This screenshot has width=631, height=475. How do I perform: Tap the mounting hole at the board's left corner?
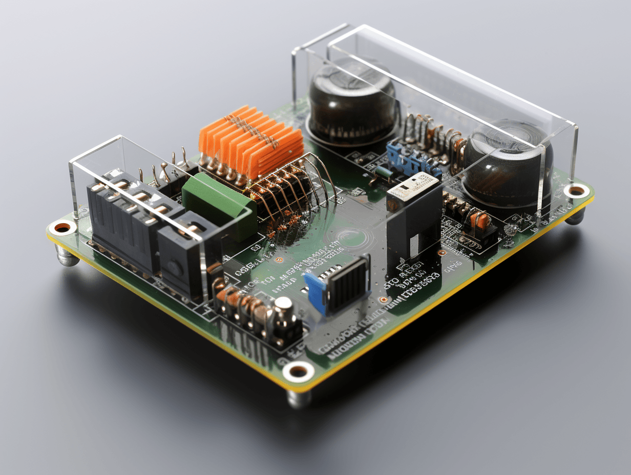62,227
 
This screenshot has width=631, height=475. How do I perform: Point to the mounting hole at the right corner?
577,191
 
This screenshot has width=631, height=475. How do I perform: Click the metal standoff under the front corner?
299,398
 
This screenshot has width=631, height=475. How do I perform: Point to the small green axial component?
383,172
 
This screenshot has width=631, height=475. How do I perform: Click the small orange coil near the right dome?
479,220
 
